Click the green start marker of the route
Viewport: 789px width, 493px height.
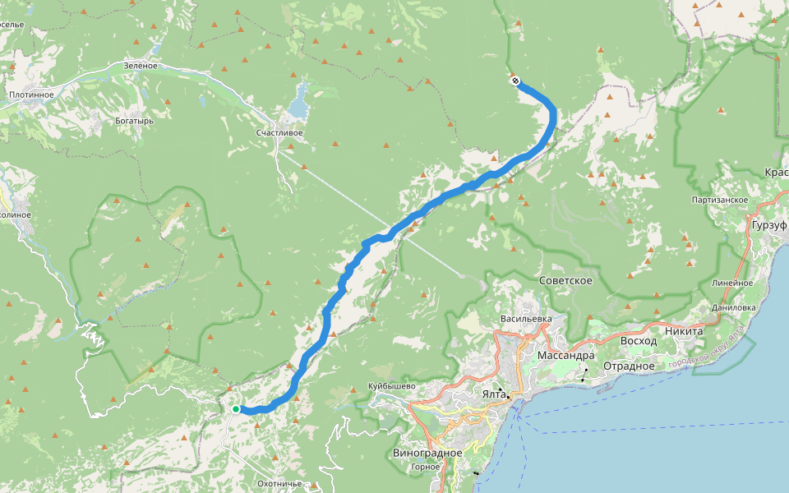[235, 408]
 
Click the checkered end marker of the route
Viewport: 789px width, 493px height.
[515, 81]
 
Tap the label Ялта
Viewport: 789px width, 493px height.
[493, 394]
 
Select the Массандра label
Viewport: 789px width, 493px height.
[565, 356]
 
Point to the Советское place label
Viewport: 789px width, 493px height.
[565, 281]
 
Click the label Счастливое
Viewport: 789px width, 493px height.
[279, 132]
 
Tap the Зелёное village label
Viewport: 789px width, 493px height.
[140, 65]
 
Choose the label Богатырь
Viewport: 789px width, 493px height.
[136, 121]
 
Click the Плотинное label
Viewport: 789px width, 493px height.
[31, 94]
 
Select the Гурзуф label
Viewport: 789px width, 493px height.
[768, 224]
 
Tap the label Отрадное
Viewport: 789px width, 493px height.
[629, 366]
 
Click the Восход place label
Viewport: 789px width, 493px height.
[639, 340]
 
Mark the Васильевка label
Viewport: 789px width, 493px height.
[525, 318]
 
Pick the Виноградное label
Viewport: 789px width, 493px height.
[427, 453]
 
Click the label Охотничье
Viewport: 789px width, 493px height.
[280, 483]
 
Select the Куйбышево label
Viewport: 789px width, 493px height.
[393, 386]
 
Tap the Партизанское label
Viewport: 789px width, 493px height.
[720, 200]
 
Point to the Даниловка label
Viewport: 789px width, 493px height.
[734, 307]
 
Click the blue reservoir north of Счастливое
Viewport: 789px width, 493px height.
[298, 103]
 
